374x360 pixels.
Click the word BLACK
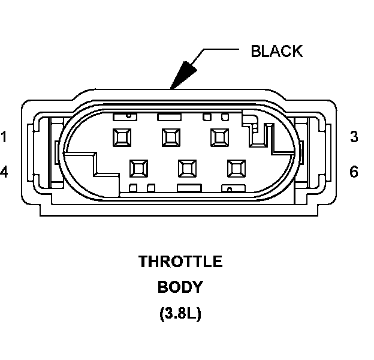(x=276, y=51)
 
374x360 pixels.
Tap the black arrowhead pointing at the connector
(x=183, y=74)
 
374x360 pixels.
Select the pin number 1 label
(x=4, y=137)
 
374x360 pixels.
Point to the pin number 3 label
(x=354, y=137)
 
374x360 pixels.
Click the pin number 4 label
(x=4, y=173)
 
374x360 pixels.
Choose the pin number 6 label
(x=354, y=173)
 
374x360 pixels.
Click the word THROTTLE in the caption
(x=180, y=262)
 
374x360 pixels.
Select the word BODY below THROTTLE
(x=180, y=287)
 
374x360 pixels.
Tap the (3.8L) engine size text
(x=180, y=313)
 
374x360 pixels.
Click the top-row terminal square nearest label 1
(x=122, y=137)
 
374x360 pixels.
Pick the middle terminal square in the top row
(x=171, y=137)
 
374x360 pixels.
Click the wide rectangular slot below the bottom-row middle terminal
(x=188, y=188)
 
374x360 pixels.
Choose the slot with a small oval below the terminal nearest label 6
(x=230, y=188)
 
